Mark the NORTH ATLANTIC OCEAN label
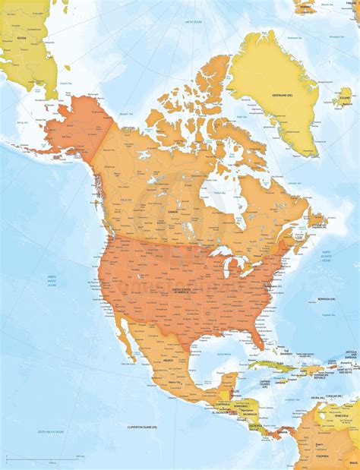(x=326, y=256)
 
